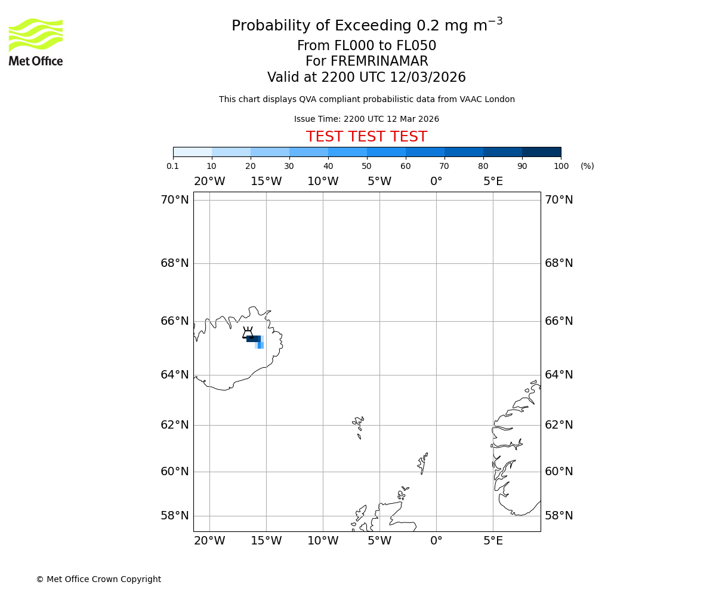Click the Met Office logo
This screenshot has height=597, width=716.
(x=36, y=42)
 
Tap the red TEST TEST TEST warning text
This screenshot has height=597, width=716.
(x=366, y=137)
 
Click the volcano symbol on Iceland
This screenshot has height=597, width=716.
(x=248, y=333)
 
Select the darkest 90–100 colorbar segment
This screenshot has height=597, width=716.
(x=541, y=152)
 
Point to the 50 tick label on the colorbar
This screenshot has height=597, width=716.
(x=366, y=166)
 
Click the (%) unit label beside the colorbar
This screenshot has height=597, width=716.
(x=587, y=166)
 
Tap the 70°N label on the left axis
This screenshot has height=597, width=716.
(x=174, y=200)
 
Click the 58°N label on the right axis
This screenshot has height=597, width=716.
(x=558, y=516)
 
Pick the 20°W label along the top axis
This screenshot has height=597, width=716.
(x=209, y=181)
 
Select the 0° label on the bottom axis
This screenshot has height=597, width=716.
(x=436, y=541)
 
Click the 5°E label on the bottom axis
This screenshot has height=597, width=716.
(x=493, y=541)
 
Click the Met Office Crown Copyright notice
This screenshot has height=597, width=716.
(x=98, y=579)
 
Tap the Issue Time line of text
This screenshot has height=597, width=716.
(x=366, y=119)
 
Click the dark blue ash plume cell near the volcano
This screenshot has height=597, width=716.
(x=253, y=339)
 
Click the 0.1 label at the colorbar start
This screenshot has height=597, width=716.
(x=173, y=166)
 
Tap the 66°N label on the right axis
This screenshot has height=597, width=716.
(x=558, y=321)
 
